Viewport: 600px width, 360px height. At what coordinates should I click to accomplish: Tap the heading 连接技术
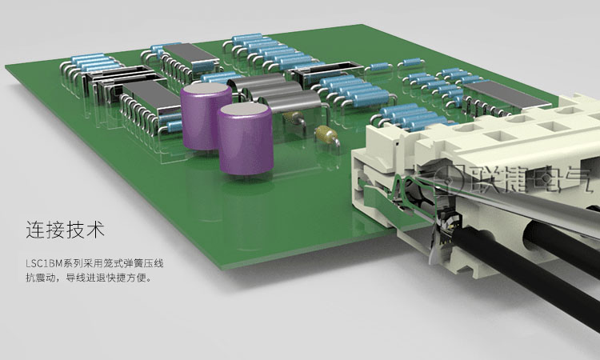tap(65, 229)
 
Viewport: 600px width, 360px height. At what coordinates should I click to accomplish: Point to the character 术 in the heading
tap(95, 229)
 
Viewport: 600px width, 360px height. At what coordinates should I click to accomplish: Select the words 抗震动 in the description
tap(41, 278)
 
